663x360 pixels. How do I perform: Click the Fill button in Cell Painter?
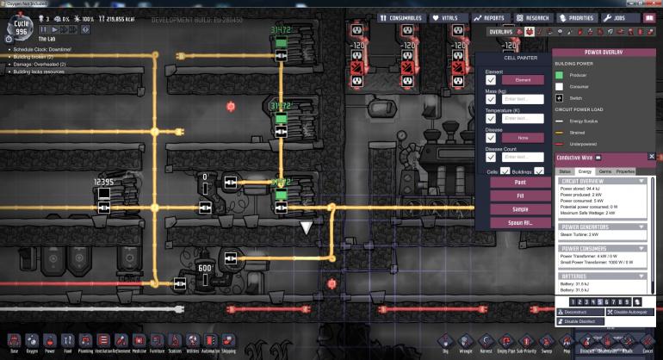pos(520,196)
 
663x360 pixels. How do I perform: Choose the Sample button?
pos(520,208)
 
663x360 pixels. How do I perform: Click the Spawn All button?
pos(520,222)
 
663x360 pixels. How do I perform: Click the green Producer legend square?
pos(560,76)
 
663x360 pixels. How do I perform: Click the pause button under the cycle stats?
pos(43,28)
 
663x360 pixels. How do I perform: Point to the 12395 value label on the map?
pos(104,183)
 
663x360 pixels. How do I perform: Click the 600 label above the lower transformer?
pos(205,268)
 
